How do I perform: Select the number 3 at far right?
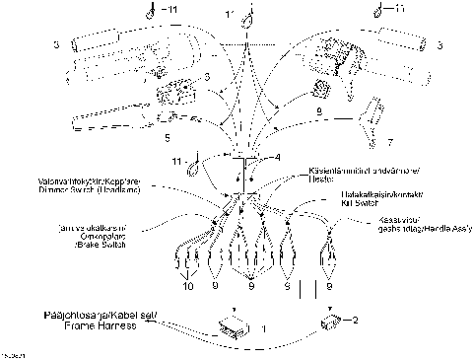(439, 45)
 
